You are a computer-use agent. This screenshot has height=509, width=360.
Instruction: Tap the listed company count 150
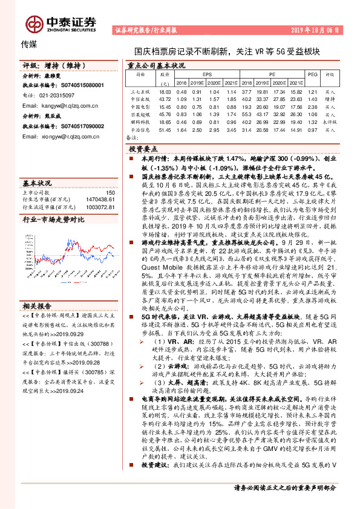tap(110, 192)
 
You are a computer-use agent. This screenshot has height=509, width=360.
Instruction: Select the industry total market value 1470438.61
tap(101, 199)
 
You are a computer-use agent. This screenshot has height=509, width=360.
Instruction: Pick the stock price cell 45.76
tap(165, 113)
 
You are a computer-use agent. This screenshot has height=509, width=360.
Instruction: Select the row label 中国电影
tap(140, 106)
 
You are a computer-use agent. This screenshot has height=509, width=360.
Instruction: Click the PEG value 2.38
tap(312, 106)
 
